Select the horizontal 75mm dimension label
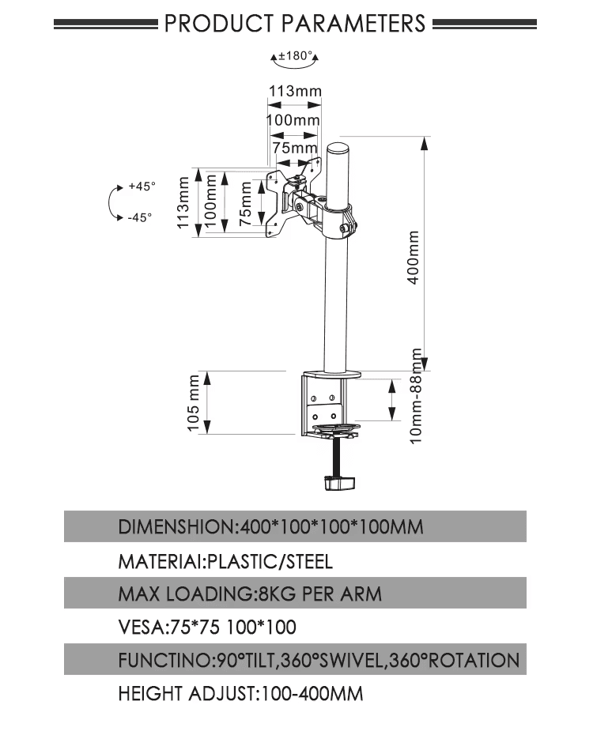pyautogui.click(x=295, y=148)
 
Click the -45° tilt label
pyautogui.click(x=139, y=218)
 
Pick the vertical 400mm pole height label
pyautogui.click(x=413, y=258)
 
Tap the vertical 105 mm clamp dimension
pyautogui.click(x=193, y=403)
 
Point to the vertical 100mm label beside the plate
pyautogui.click(x=212, y=202)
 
